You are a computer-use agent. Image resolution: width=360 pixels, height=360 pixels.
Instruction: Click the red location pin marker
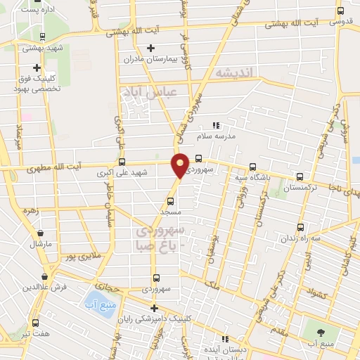point(181,165)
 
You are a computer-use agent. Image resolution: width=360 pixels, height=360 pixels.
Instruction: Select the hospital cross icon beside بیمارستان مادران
point(150,48)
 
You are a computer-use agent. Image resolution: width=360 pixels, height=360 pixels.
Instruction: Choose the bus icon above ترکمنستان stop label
point(301,177)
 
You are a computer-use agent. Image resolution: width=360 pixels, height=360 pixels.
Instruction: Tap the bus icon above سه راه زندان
point(301,227)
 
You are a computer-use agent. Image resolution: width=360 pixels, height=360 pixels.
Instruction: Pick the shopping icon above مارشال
point(40,233)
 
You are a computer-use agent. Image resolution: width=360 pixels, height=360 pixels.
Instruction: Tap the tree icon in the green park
point(322,332)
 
